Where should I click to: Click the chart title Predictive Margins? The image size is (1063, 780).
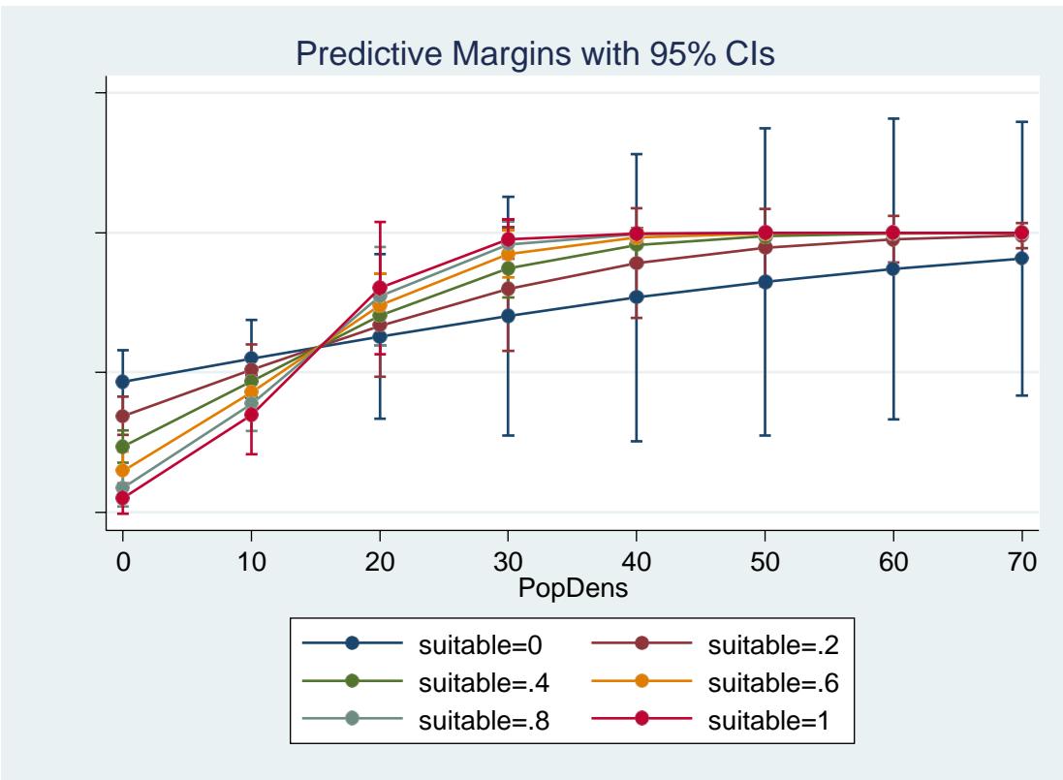click(x=535, y=54)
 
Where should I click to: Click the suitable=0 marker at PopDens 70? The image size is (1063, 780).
click(x=1021, y=258)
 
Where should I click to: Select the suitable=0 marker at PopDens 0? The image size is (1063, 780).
click(x=122, y=382)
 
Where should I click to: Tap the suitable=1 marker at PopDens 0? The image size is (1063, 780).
click(x=122, y=498)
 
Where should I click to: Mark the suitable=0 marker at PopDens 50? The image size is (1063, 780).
click(x=765, y=282)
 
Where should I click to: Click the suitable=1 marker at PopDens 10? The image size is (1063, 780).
click(x=251, y=415)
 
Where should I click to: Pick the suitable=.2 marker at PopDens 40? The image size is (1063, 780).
click(x=636, y=263)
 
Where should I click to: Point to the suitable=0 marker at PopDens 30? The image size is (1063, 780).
click(x=507, y=316)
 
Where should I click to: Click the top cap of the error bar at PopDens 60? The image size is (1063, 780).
click(x=892, y=118)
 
